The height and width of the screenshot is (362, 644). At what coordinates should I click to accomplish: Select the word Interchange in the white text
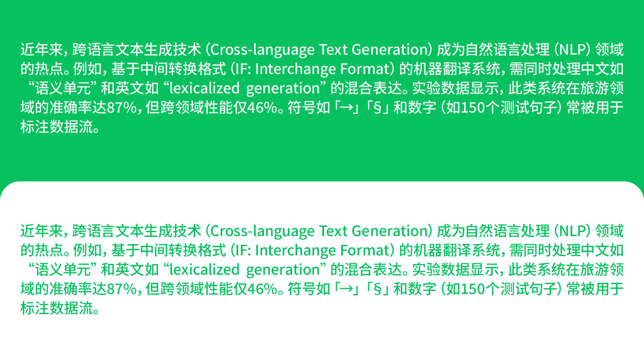pyautogui.click(x=295, y=69)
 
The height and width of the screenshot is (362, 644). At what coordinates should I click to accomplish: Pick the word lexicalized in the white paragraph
pyautogui.click(x=204, y=88)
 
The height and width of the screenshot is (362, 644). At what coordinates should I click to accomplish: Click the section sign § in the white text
pyautogui.click(x=378, y=108)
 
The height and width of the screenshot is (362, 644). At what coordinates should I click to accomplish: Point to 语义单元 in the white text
pyautogui.click(x=63, y=88)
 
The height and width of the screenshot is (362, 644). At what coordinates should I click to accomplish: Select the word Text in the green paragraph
pyautogui.click(x=333, y=231)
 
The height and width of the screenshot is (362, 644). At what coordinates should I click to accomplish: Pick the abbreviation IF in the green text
pyautogui.click(x=241, y=251)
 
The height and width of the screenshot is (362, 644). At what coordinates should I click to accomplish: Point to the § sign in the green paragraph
pyautogui.click(x=378, y=289)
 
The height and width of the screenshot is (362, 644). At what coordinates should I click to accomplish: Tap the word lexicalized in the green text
pyautogui.click(x=204, y=270)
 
